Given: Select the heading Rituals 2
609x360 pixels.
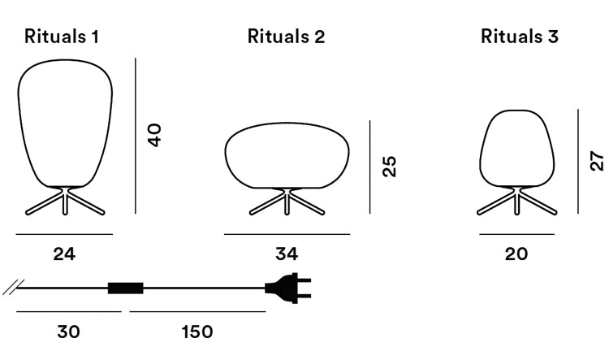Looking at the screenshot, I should pyautogui.click(x=287, y=37).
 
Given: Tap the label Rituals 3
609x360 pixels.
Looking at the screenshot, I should pyautogui.click(x=520, y=37).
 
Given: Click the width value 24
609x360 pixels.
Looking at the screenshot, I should pyautogui.click(x=64, y=254).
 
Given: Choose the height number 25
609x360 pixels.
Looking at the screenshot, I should pyautogui.click(x=390, y=167).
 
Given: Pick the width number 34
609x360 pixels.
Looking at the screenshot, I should pyautogui.click(x=287, y=254).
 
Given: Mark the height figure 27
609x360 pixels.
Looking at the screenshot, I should pyautogui.click(x=598, y=161).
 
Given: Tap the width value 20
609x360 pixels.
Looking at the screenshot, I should pyautogui.click(x=516, y=254).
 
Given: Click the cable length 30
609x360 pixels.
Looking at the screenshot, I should pyautogui.click(x=68, y=332).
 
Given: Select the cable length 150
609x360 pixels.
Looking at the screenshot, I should pyautogui.click(x=196, y=332).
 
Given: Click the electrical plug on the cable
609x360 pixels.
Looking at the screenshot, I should pyautogui.click(x=288, y=287).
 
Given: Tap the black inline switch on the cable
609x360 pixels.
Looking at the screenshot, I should pyautogui.click(x=126, y=288).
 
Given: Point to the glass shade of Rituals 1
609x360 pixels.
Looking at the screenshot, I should pyautogui.click(x=64, y=122).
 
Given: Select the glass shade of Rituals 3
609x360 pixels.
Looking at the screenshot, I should pyautogui.click(x=516, y=146).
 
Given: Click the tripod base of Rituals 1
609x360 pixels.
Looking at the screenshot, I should pyautogui.click(x=64, y=202).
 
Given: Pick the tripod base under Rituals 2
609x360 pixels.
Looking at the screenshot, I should pyautogui.click(x=287, y=201).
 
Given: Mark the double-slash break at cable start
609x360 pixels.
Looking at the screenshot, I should pyautogui.click(x=11, y=287).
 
